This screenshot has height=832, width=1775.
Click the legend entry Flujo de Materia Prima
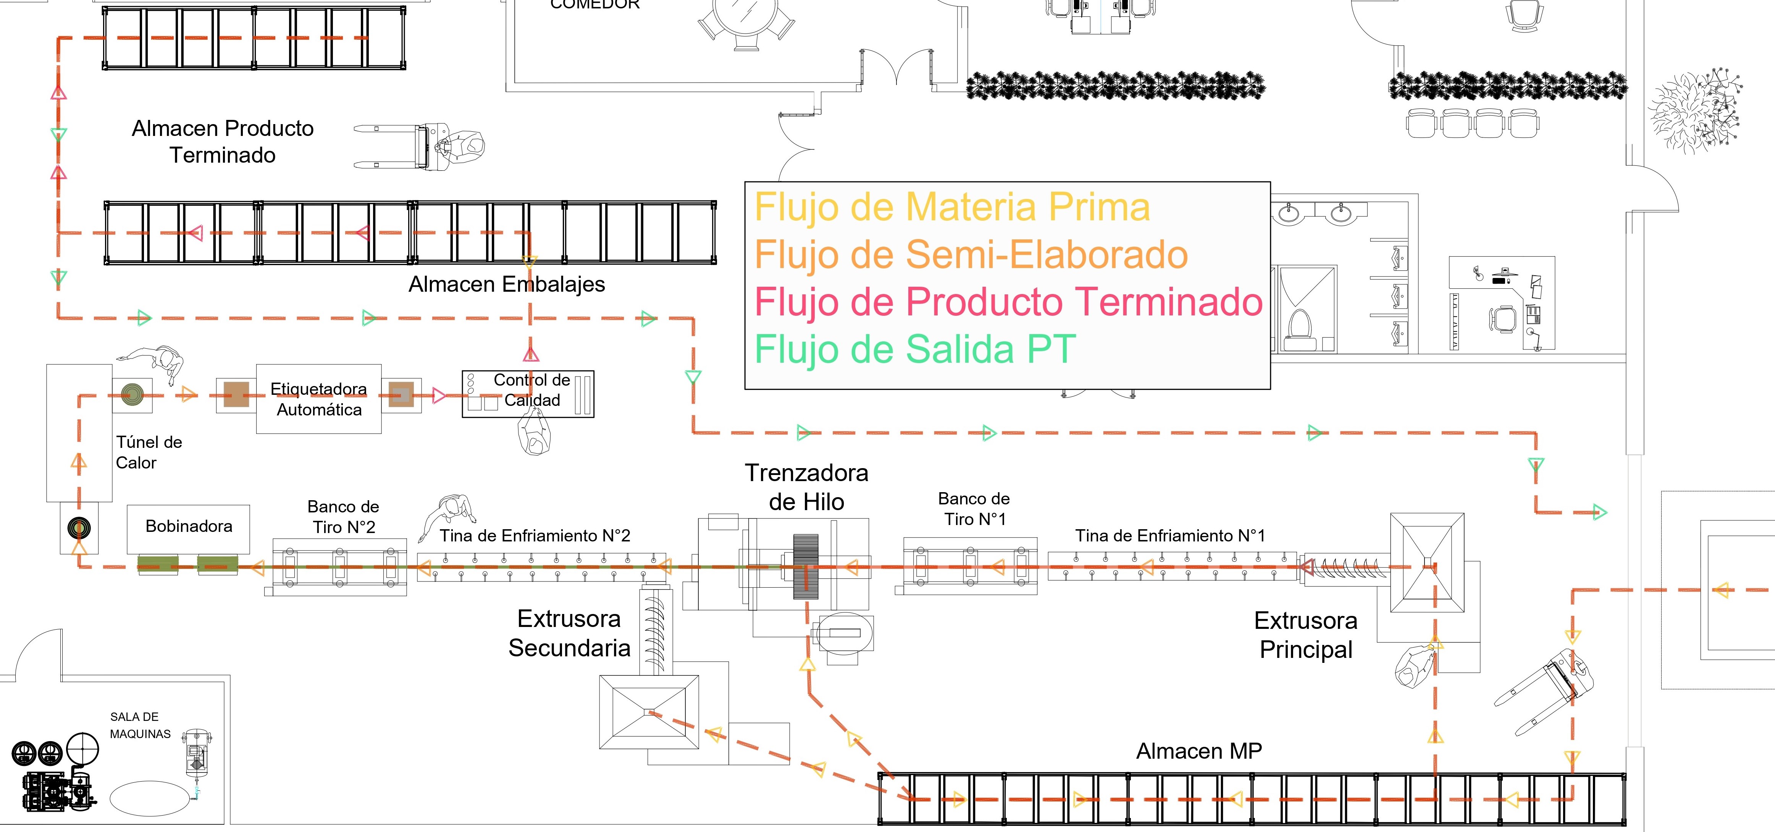952,207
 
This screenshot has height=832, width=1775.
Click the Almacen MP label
1199,751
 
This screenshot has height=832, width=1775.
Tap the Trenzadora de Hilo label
807,487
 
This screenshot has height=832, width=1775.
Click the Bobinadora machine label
189,526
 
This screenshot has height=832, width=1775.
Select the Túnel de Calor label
149,452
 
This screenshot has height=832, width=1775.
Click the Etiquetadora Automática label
319,399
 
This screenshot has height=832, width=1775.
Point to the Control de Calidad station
528,394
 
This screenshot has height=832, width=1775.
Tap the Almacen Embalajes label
506,284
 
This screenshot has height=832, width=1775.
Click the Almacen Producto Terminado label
223,141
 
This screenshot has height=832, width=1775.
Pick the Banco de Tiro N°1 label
974,509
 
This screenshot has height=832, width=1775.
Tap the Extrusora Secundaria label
569,633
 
